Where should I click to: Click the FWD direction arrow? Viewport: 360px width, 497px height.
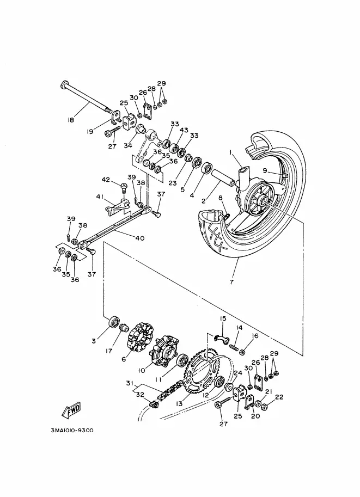pos(71,409)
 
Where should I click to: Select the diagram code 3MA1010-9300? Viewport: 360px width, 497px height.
pos(72,431)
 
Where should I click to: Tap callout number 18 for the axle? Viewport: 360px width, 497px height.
pos(71,120)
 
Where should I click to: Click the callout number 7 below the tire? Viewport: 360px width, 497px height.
pos(231,281)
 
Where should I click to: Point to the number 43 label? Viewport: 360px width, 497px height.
pos(184,130)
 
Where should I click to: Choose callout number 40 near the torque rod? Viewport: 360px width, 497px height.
pos(140,238)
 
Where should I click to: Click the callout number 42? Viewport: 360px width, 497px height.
pos(106,180)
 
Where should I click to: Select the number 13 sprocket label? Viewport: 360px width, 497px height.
pos(179,403)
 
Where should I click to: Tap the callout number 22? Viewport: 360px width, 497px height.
pos(279,397)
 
